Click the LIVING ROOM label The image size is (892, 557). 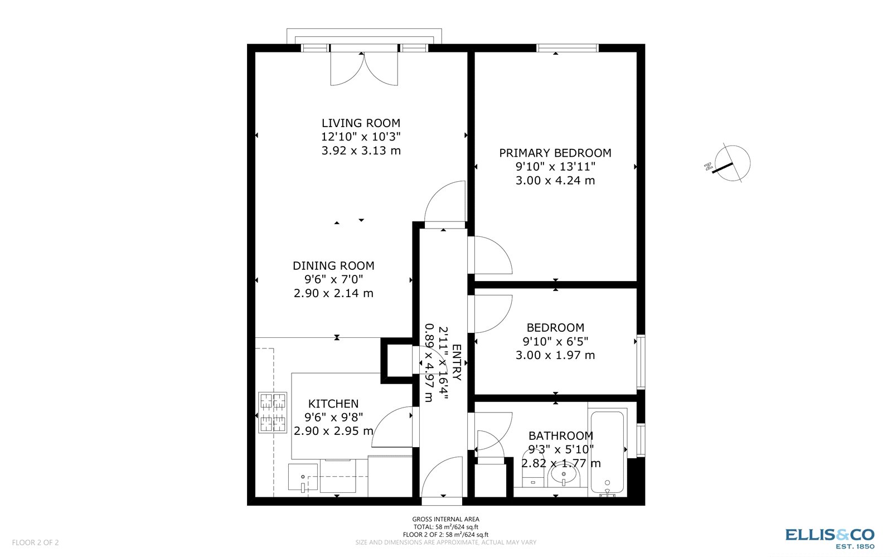(361, 123)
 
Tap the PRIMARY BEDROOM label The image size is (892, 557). (555, 153)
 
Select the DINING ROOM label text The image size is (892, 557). (333, 266)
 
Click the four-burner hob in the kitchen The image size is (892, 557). (273, 413)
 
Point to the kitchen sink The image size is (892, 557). (303, 478)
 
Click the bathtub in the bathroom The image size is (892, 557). (608, 452)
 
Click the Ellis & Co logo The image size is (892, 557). (830, 538)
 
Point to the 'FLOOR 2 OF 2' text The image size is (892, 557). (35, 543)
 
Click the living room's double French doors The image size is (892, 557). (364, 68)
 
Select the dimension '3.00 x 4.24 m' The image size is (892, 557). (555, 181)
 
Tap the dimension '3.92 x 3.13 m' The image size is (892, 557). (361, 151)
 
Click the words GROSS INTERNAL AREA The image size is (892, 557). (445, 519)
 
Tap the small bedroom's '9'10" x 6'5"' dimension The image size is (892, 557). (555, 341)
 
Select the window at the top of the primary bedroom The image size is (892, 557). (567, 48)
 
